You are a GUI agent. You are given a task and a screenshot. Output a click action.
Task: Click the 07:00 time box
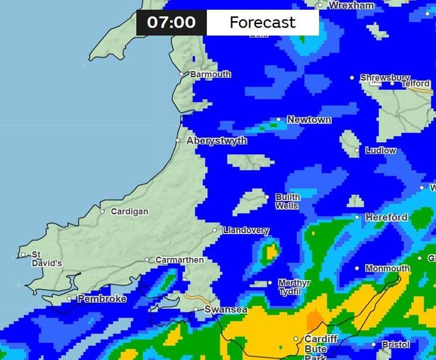(171, 23)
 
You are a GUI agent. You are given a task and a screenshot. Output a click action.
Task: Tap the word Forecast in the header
(262, 23)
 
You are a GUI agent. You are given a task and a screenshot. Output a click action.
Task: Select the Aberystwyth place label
(216, 141)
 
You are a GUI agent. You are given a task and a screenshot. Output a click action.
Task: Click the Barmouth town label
(210, 74)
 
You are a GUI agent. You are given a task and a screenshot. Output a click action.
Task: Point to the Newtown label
(308, 120)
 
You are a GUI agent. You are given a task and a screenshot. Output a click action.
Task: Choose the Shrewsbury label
(384, 78)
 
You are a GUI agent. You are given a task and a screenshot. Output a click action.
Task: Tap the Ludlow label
(381, 151)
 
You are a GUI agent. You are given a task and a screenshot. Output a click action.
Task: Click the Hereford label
(386, 218)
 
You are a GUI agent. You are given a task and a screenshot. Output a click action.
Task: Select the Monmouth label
(387, 269)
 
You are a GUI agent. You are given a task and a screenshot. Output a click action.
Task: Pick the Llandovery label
(245, 230)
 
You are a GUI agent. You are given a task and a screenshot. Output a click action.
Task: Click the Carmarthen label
(179, 260)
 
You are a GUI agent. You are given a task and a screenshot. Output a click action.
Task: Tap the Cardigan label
(129, 211)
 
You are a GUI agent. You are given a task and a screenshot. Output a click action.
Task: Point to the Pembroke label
(101, 299)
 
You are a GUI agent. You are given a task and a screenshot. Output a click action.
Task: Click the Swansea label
(225, 310)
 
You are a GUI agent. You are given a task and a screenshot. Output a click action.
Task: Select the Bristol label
(396, 345)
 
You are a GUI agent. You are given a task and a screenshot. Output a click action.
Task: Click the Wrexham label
(352, 6)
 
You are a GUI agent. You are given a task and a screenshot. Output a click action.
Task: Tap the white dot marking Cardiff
(296, 339)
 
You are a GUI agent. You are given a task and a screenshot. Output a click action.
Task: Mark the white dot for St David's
(23, 254)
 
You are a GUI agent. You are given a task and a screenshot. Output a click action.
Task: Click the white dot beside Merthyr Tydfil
(270, 283)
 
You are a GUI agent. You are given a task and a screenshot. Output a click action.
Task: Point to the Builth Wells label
(287, 201)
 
